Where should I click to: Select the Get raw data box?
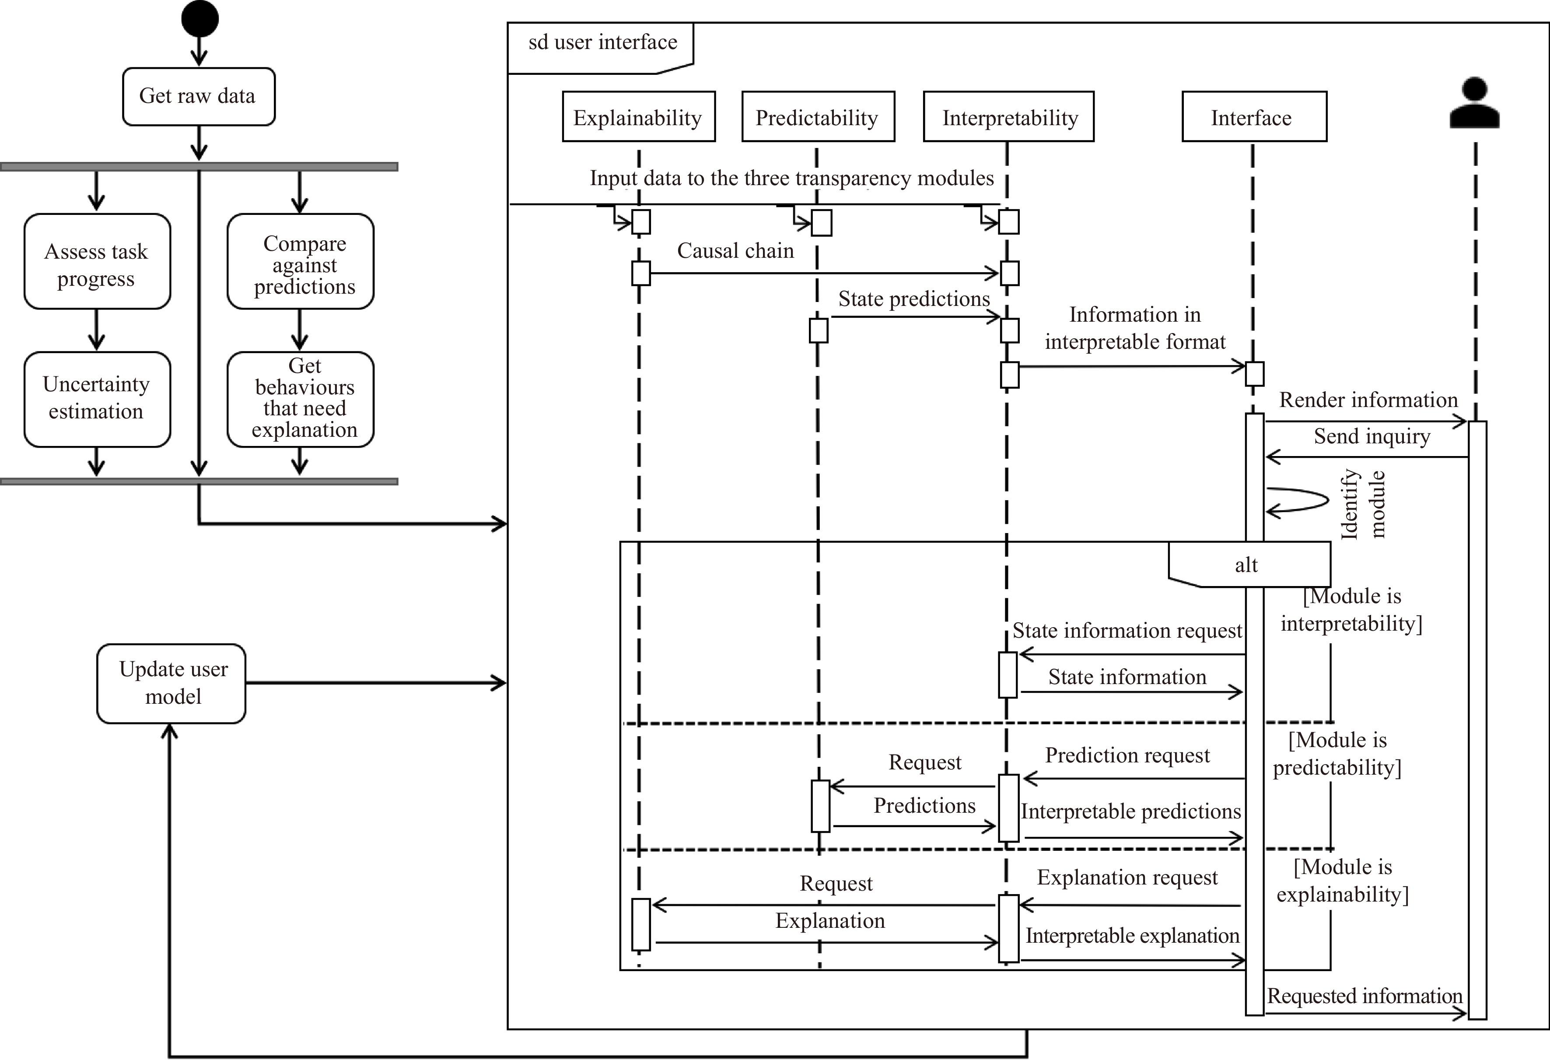(x=199, y=96)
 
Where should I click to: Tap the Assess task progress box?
(x=98, y=261)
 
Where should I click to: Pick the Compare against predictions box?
(x=300, y=261)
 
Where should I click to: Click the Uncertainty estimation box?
(x=98, y=399)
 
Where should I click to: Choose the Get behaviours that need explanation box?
(x=300, y=399)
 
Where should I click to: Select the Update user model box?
(x=171, y=683)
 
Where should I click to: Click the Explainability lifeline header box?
(x=639, y=117)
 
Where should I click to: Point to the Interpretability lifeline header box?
(x=1008, y=117)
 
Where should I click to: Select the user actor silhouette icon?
(x=1475, y=103)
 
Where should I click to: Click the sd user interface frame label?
(x=602, y=42)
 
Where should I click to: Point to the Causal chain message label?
(x=736, y=251)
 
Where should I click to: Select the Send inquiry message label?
(x=1372, y=436)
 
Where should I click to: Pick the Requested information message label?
(x=1365, y=996)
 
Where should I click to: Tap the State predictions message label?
(x=914, y=299)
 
